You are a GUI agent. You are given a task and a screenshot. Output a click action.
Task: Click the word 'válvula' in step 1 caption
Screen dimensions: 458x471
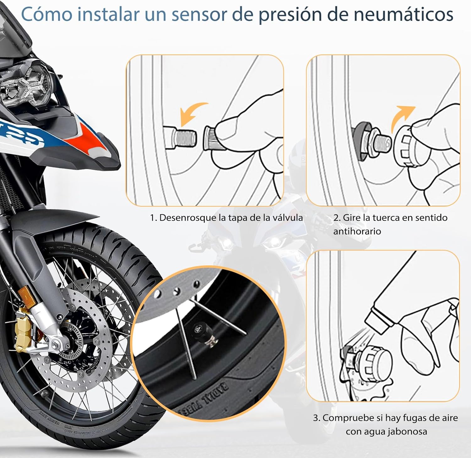pyautogui.click(x=287, y=218)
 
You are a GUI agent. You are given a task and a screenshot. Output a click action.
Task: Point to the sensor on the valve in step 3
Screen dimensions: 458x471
pyautogui.click(x=375, y=359)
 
